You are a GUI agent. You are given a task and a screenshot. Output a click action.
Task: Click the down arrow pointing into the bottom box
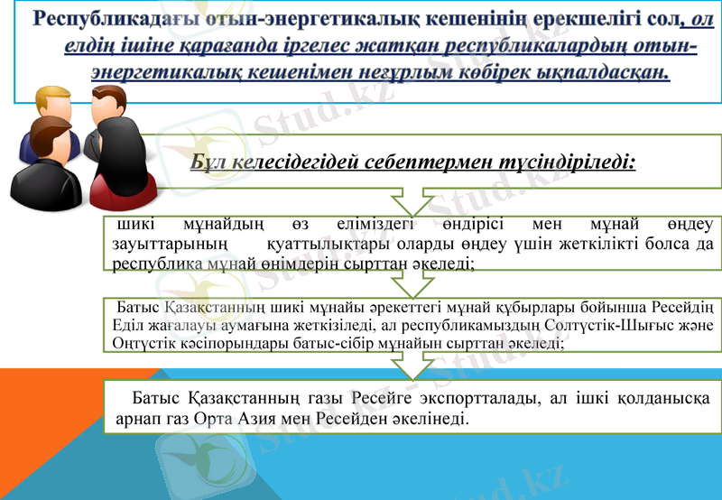(x=413, y=365)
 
